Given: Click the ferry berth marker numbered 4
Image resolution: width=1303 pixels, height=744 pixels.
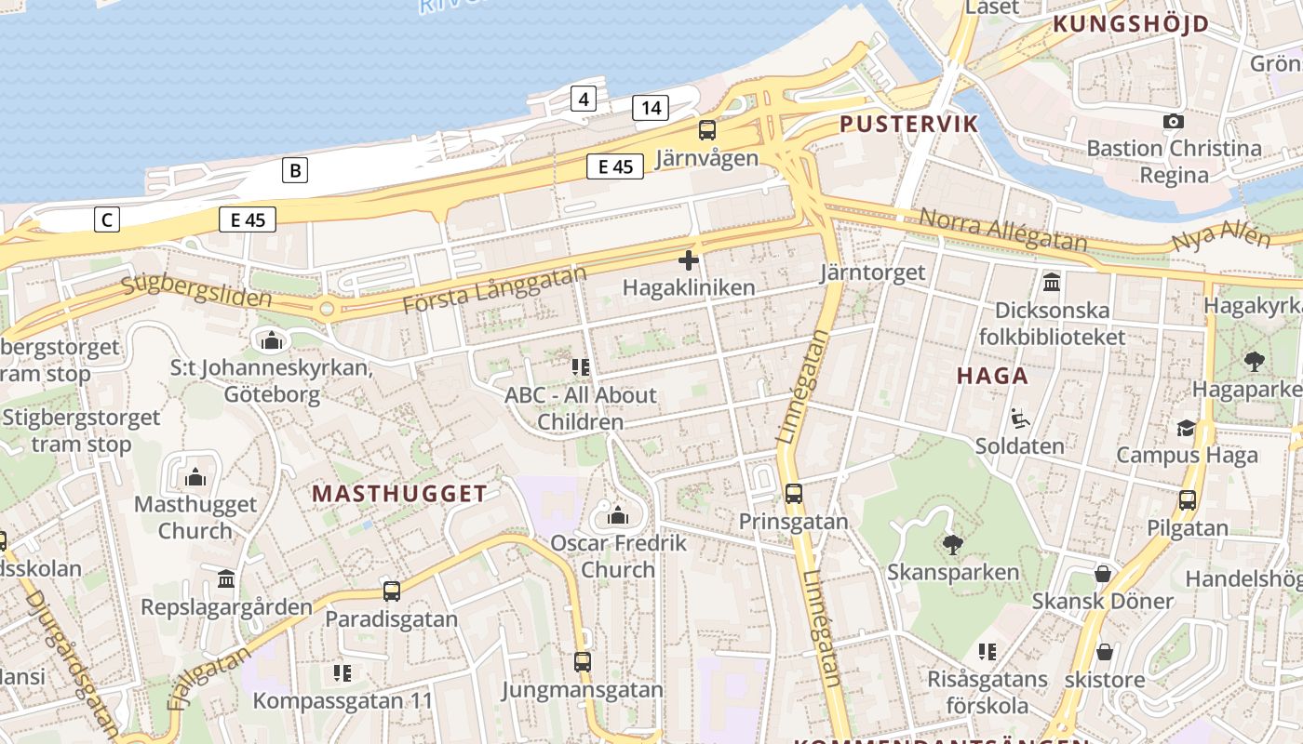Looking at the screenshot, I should (x=583, y=99).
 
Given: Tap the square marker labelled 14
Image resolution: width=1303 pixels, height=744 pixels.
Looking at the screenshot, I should (x=651, y=108).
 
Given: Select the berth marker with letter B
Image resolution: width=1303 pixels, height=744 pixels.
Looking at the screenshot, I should (x=295, y=170).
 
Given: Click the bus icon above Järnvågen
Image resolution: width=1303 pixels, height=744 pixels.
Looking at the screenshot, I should (x=707, y=130).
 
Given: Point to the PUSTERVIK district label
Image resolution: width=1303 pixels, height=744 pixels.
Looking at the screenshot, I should (x=908, y=124).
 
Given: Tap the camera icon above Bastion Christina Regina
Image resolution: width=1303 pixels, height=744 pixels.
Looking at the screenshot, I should (x=1174, y=121).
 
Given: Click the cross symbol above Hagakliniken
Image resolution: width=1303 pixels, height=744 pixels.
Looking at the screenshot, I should (x=689, y=260).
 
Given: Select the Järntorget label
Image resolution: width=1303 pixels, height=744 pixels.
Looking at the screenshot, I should (x=873, y=272).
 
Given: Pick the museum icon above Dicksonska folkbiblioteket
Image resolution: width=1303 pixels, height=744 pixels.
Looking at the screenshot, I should (x=1052, y=282).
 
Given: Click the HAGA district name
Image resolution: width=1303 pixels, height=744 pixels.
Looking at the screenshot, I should (x=993, y=376).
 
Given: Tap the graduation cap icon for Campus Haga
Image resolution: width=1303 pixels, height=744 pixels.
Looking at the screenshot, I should (x=1186, y=428).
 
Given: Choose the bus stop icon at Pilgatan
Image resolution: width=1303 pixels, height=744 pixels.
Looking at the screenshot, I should (x=1187, y=500).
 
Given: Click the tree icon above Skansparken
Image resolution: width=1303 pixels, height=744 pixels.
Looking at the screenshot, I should (x=952, y=544).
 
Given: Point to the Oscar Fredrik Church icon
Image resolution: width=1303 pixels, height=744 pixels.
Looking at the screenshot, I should (x=618, y=515).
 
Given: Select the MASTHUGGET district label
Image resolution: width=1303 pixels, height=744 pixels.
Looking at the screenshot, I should (x=399, y=494).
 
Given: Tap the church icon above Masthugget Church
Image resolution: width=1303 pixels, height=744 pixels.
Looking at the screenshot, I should (x=195, y=478).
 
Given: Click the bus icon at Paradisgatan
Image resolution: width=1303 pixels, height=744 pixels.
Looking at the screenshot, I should (x=392, y=591).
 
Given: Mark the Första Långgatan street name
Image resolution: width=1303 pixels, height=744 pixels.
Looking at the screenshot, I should (x=494, y=289).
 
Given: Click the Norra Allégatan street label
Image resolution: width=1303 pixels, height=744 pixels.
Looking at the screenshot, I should (x=1002, y=230).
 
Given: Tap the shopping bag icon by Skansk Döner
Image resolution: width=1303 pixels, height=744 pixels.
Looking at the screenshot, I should (x=1103, y=574).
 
